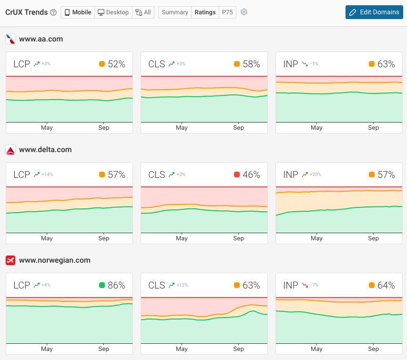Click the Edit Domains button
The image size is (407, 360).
374,12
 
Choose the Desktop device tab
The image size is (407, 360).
113,12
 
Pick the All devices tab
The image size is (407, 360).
143,12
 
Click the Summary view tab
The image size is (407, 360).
174,12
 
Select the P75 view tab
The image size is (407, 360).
227,12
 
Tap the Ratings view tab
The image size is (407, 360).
205,12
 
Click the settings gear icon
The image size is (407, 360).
244,12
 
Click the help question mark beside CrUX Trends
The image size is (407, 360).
53,12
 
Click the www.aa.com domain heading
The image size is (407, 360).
41,39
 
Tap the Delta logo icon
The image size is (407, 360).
10,150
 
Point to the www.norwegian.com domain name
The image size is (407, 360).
54,260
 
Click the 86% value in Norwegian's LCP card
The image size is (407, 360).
116,286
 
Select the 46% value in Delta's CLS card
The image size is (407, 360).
251,175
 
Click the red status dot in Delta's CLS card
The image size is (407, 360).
237,175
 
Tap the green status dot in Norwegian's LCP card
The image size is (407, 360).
102,286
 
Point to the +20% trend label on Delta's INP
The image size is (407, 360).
315,175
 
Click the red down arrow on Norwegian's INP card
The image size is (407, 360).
305,286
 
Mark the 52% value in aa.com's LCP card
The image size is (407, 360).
116,64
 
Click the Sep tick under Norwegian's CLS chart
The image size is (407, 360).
239,349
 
